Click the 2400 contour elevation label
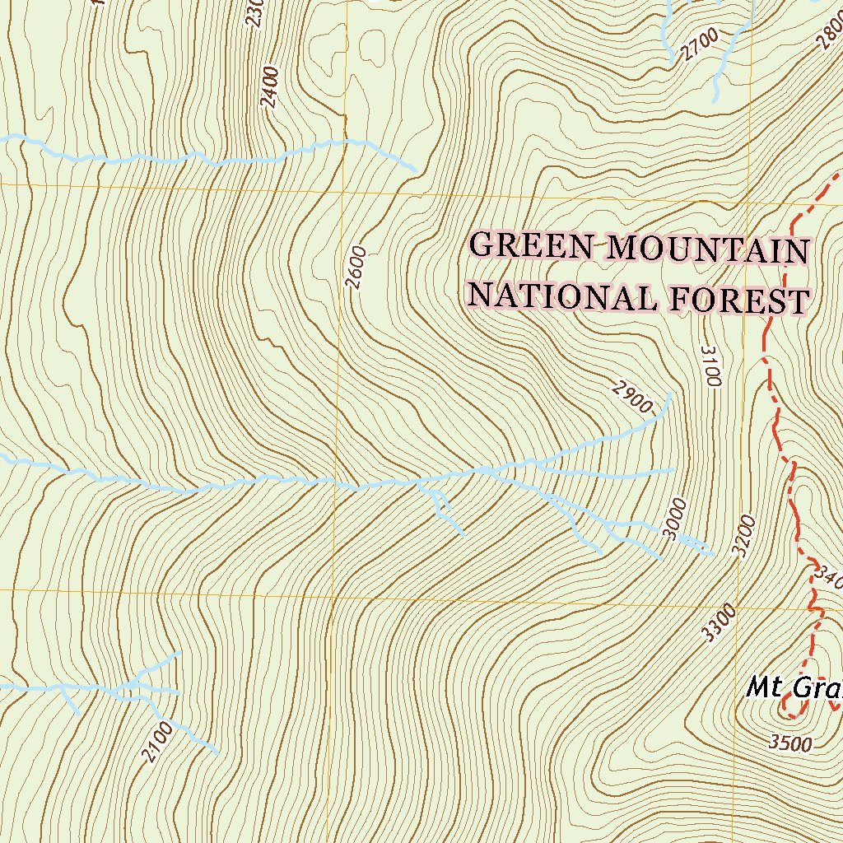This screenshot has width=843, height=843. click(x=269, y=88)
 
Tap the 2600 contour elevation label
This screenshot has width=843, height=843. click(x=356, y=268)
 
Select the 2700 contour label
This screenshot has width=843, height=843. click(x=701, y=45)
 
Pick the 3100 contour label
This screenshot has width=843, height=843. click(x=711, y=366)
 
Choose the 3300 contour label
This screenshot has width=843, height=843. click(x=719, y=622)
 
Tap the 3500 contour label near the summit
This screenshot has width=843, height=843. click(x=790, y=743)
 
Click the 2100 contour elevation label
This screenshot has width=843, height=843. click(x=156, y=742)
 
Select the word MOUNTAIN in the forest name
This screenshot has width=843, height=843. click(x=708, y=250)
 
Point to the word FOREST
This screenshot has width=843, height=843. click(x=739, y=301)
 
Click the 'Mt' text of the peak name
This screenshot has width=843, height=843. click(x=761, y=687)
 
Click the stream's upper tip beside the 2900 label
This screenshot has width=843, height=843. click(x=669, y=395)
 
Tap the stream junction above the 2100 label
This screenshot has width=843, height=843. click(x=132, y=685)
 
